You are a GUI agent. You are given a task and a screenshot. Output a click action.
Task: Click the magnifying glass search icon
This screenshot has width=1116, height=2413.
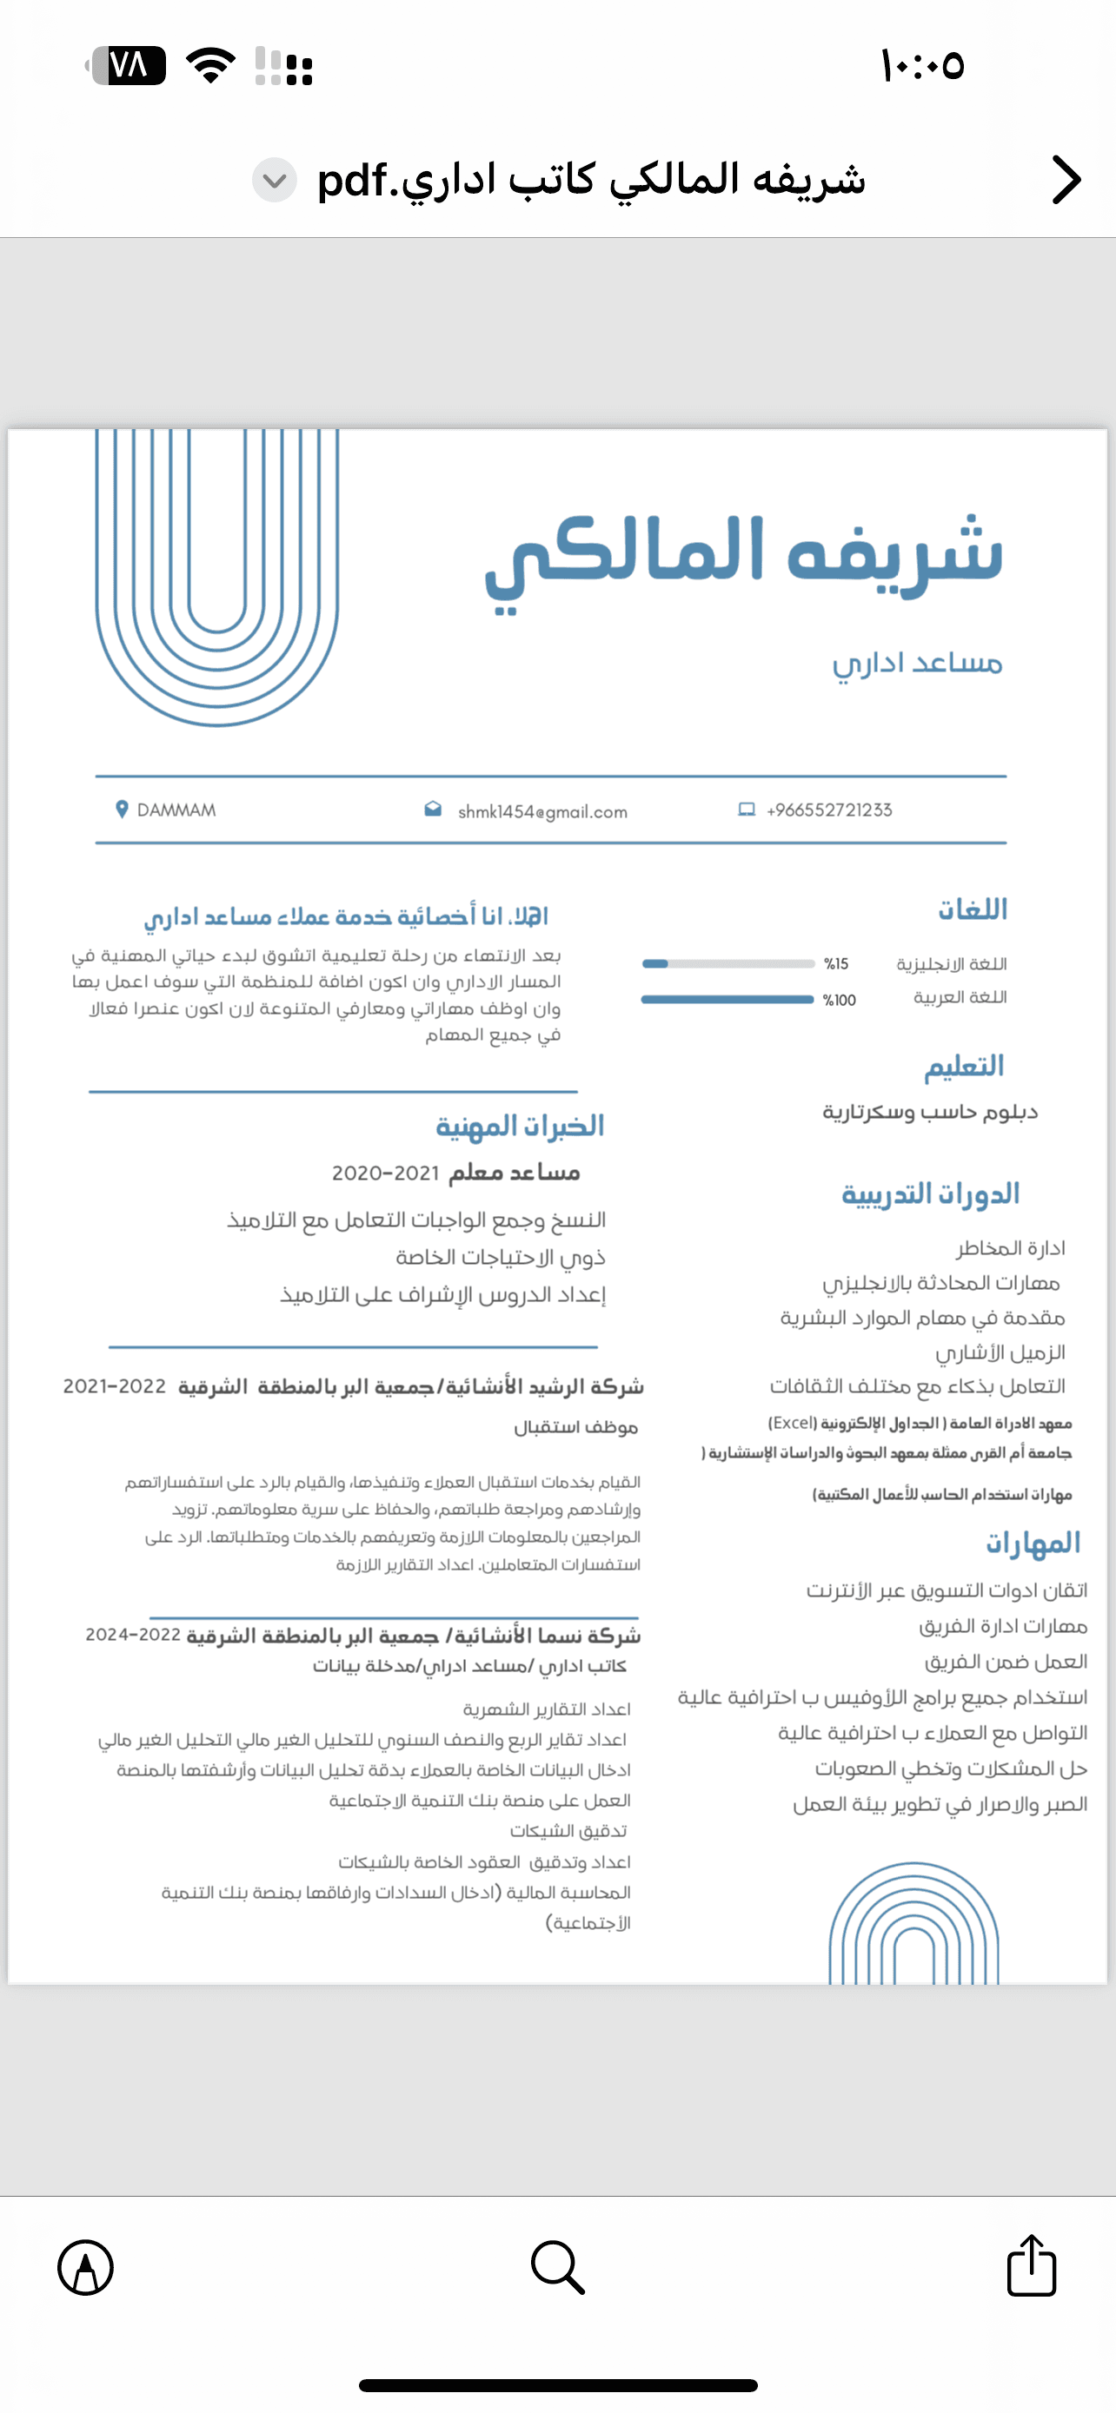tap(557, 2267)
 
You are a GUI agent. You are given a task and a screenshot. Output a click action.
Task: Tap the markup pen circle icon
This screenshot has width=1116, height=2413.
tap(85, 2268)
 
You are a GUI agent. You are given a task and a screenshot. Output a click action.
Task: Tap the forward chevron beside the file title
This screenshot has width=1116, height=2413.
tap(1066, 180)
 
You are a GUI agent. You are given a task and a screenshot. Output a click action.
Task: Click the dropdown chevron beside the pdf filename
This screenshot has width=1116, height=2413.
tap(275, 180)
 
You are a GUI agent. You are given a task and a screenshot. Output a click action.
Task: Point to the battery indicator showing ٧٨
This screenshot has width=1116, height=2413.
tap(128, 65)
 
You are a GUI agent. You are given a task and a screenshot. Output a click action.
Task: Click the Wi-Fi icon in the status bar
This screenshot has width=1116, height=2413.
tap(211, 65)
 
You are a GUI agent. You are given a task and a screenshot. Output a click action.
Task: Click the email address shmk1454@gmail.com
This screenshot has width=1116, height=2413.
tap(542, 811)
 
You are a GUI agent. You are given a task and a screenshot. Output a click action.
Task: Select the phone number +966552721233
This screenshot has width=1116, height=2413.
tap(829, 810)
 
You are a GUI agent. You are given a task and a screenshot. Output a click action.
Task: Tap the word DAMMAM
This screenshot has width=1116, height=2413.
tap(176, 810)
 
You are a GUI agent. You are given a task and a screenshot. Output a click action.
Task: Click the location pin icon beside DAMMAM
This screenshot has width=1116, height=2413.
tap(121, 810)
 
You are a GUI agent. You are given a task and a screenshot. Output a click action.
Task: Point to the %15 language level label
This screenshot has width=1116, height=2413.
tap(836, 964)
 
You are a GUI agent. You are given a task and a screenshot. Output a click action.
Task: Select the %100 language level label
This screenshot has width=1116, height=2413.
tap(840, 1001)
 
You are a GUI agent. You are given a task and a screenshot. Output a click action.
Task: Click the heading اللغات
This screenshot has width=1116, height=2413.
tap(972, 909)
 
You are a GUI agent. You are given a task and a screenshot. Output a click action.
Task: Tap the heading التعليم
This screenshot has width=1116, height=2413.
tap(964, 1066)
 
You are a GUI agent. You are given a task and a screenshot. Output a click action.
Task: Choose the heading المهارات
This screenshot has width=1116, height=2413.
tap(1033, 1543)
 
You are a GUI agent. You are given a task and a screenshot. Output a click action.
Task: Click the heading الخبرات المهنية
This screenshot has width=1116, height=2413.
tap(520, 1126)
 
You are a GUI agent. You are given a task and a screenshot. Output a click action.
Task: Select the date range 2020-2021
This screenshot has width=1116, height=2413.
tap(386, 1173)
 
